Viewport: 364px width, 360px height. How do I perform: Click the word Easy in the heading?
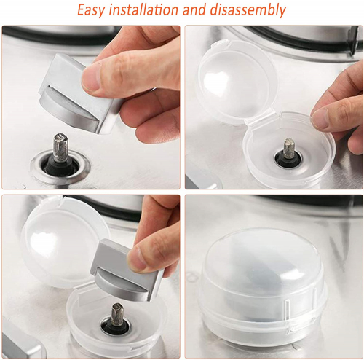(x=91, y=10)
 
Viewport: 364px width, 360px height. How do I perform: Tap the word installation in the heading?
(x=143, y=9)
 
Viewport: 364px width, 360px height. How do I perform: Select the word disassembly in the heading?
(x=248, y=10)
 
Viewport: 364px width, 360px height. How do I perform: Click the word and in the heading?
(x=194, y=9)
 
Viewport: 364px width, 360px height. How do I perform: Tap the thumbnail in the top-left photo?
(x=91, y=77)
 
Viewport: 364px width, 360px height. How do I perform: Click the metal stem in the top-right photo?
(x=289, y=149)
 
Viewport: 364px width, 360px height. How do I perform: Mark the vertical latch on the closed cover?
(x=287, y=315)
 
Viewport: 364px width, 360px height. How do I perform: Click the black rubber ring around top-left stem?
(x=60, y=165)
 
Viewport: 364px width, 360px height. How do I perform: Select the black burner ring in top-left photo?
(x=49, y=36)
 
